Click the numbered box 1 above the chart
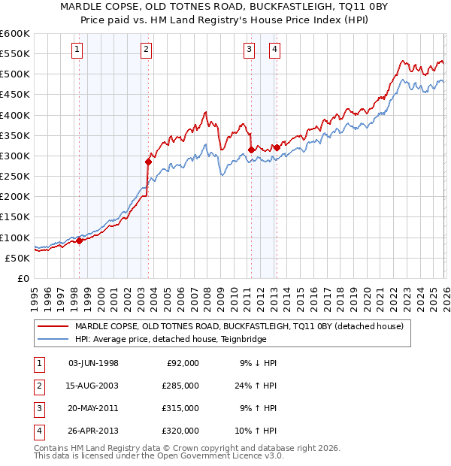[x=78, y=50]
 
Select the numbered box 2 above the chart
[x=146, y=50]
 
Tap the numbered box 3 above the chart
[x=249, y=50]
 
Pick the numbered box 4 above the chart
[x=275, y=50]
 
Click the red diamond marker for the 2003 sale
[x=148, y=162]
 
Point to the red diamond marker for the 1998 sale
[x=79, y=241]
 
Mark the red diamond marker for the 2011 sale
[x=251, y=150]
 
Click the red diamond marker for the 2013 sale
[x=277, y=147]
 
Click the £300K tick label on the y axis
[x=15, y=156]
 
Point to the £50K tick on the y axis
[x=18, y=258]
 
